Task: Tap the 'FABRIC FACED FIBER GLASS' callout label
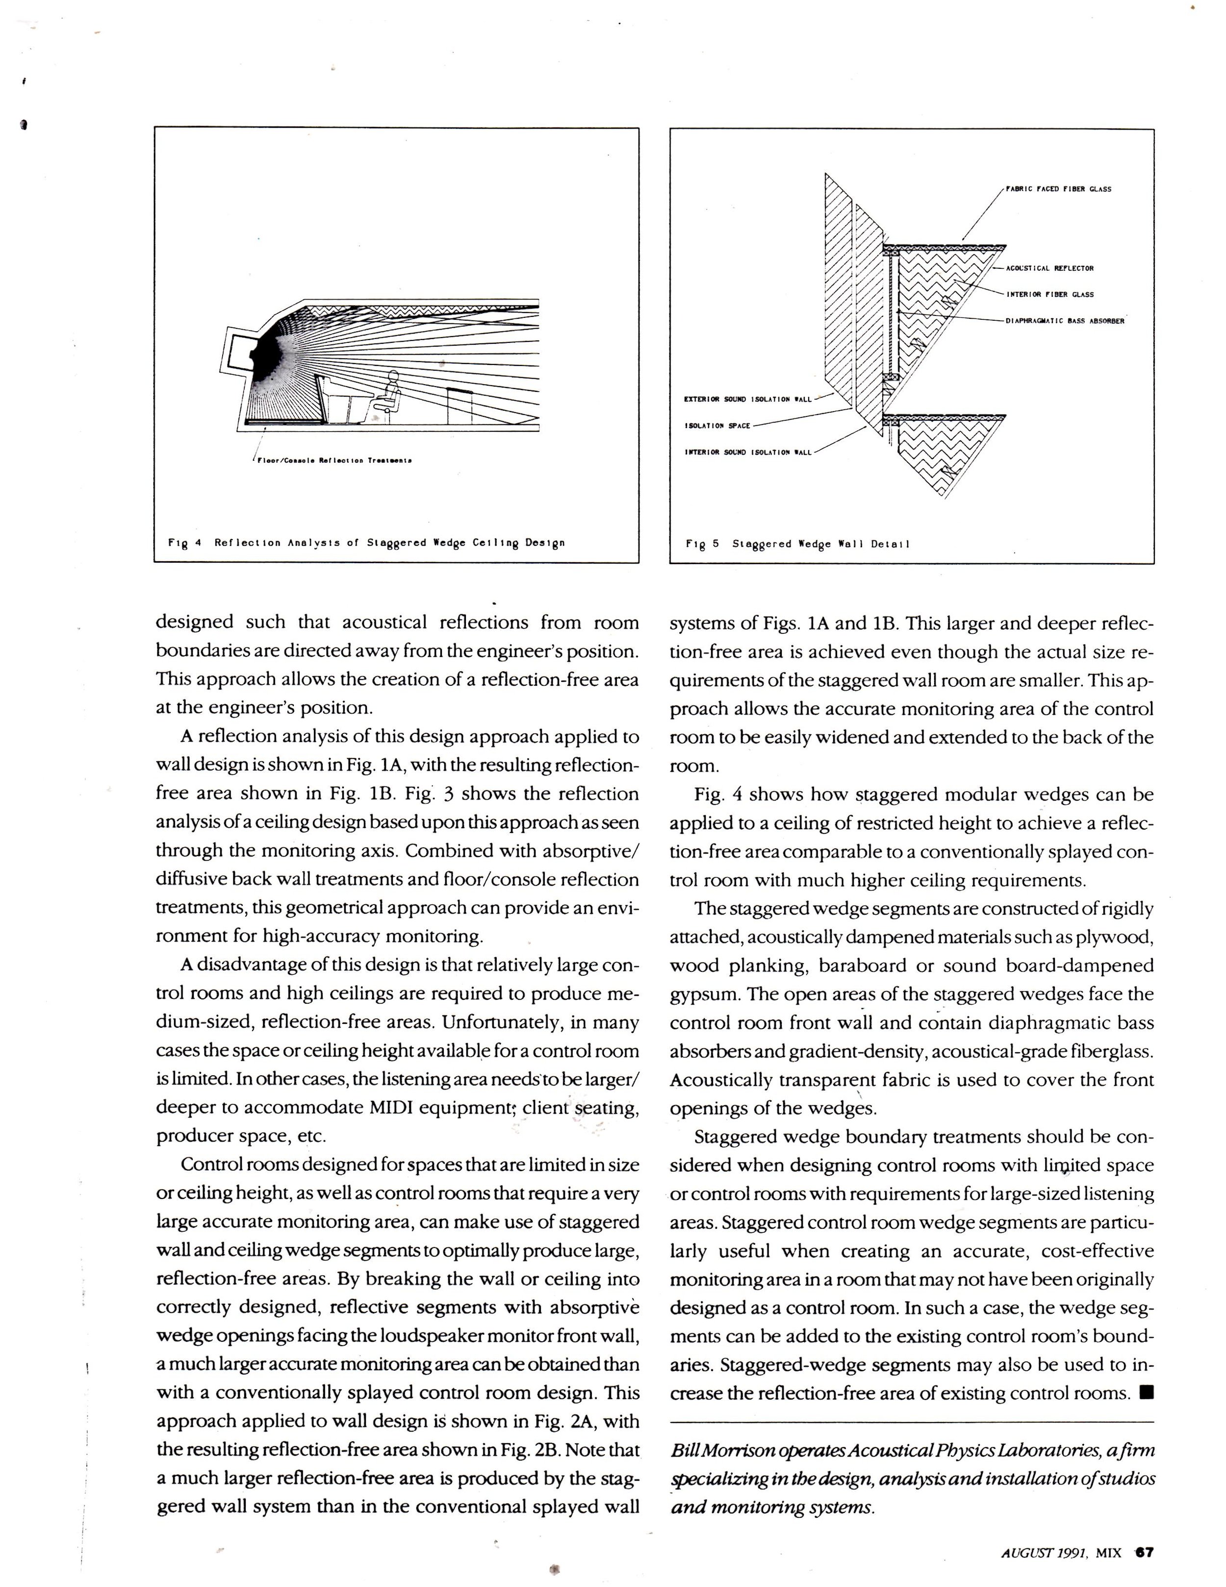[x=1058, y=189]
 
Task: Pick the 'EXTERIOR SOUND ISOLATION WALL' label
[x=747, y=399]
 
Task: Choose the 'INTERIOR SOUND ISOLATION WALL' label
[x=747, y=452]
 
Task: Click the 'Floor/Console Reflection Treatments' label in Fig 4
[x=334, y=460]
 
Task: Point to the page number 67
[x=1145, y=1548]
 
